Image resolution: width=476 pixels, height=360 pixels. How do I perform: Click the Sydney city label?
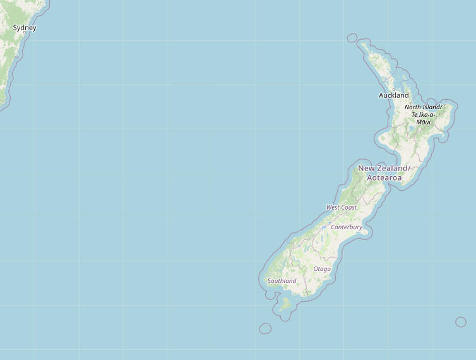[x=25, y=28]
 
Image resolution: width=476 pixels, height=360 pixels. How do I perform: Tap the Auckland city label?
[x=393, y=95]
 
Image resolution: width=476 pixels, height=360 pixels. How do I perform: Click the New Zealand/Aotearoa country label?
[x=384, y=173]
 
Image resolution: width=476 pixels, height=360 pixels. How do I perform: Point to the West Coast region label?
[x=341, y=207]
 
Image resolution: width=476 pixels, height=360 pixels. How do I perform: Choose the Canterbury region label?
[x=347, y=227]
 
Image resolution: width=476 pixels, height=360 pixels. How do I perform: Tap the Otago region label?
[x=322, y=269]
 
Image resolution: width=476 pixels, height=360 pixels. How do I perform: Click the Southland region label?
[x=282, y=281]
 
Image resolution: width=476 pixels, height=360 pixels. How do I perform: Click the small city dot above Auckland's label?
[x=393, y=89]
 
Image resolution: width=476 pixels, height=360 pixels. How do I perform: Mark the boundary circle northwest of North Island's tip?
[x=352, y=38]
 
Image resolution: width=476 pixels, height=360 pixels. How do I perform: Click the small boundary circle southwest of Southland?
[x=265, y=328]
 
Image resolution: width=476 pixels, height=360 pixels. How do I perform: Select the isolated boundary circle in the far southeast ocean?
[x=461, y=322]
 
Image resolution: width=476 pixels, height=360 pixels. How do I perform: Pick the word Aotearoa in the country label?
[x=384, y=178]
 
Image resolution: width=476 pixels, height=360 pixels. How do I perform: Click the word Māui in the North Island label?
[x=423, y=122]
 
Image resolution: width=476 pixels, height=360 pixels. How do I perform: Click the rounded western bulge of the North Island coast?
[x=383, y=138]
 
